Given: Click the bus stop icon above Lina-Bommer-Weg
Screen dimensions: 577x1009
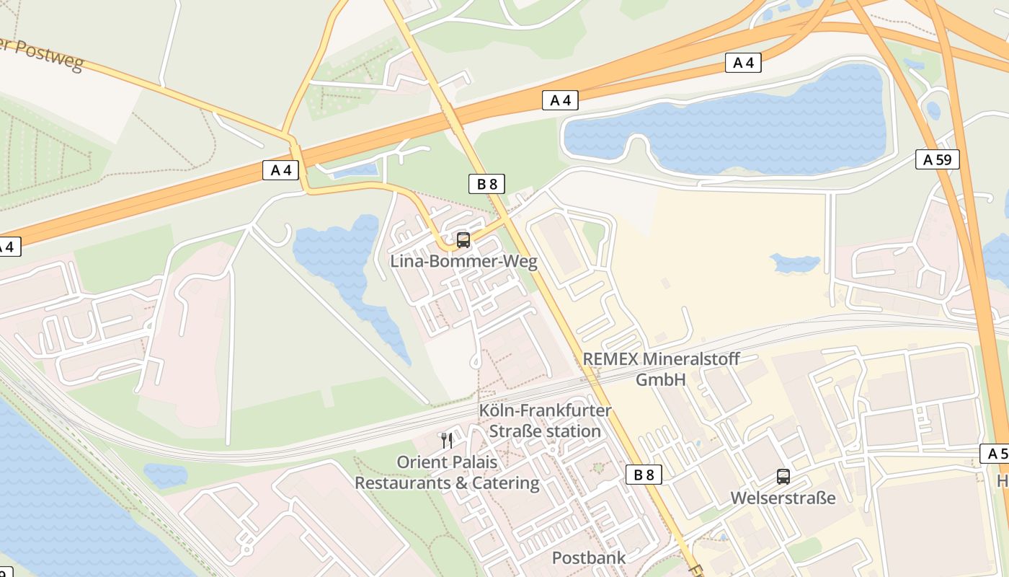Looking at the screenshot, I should click(x=463, y=240).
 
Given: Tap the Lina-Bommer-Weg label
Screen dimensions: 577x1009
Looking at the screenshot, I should click(x=463, y=261).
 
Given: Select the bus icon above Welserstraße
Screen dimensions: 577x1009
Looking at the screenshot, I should click(x=783, y=477).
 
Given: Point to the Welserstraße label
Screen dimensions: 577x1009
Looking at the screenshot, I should click(x=783, y=498).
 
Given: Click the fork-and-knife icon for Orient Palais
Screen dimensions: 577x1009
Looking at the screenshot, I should click(x=446, y=440).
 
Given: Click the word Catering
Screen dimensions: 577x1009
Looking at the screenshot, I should click(x=504, y=483).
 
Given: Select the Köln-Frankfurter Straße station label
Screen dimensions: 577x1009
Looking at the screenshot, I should click(x=546, y=420).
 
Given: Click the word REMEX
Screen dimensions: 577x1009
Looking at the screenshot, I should click(x=610, y=359).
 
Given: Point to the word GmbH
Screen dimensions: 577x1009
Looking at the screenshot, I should click(x=660, y=379).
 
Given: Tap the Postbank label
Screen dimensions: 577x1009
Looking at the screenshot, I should click(x=588, y=558).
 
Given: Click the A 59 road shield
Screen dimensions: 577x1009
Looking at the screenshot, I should click(x=938, y=159).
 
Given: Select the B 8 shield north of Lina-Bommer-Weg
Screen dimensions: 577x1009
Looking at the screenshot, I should click(x=487, y=184).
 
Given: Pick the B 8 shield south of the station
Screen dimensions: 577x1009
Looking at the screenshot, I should click(x=644, y=474).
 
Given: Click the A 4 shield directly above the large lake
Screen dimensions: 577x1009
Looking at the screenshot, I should click(x=743, y=63).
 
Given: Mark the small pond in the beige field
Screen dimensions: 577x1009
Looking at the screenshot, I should click(x=794, y=263).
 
